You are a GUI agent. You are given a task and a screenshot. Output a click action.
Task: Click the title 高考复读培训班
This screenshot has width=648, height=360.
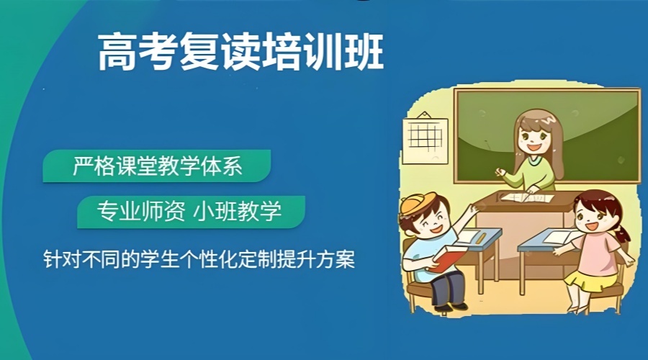[x=240, y=52]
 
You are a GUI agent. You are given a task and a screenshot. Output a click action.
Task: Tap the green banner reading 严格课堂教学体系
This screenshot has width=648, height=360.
[x=157, y=166]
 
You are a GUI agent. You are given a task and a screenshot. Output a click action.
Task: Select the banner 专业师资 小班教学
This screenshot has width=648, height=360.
[x=191, y=212]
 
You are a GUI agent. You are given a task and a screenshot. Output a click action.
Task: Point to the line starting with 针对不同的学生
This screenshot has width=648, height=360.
[x=199, y=259]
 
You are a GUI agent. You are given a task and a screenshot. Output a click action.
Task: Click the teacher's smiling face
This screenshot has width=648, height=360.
[x=534, y=138]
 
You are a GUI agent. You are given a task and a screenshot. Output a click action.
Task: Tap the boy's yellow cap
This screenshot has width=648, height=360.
[x=418, y=204]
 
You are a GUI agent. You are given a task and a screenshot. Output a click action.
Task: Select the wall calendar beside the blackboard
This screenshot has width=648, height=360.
[x=426, y=139]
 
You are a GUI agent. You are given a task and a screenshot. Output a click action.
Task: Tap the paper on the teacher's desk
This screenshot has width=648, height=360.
[x=527, y=197]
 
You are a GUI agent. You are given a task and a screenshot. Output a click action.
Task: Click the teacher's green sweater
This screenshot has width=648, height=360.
[x=532, y=174]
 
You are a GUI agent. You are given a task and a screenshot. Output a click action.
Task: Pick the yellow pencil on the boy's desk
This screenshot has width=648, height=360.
[x=481, y=238]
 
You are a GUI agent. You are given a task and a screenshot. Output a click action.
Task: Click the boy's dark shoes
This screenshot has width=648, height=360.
[x=451, y=307]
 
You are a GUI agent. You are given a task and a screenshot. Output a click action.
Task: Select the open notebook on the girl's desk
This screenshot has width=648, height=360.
[x=559, y=238]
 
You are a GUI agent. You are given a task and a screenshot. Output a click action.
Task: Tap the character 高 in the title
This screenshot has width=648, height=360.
[x=117, y=52]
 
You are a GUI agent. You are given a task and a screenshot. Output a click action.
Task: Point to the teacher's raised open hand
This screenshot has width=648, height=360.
[x=500, y=171]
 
